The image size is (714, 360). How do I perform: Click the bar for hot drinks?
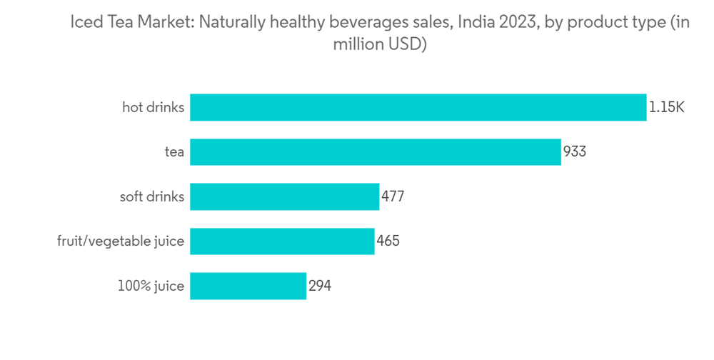(x=418, y=107)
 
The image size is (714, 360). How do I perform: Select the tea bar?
(x=375, y=152)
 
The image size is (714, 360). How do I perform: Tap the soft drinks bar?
(x=284, y=196)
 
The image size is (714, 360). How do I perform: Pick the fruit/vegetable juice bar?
(x=282, y=241)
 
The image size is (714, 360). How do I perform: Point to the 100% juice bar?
(x=248, y=286)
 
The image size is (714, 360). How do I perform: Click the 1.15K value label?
(x=667, y=108)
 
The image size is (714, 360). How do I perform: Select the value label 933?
(x=575, y=152)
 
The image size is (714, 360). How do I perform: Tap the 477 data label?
(x=393, y=196)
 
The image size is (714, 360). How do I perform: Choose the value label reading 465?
(x=388, y=241)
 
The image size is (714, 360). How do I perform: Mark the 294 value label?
(x=320, y=286)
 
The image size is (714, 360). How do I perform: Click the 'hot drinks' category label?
(x=153, y=108)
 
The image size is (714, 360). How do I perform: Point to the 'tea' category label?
(x=174, y=152)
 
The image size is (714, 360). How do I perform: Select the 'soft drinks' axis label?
(x=151, y=196)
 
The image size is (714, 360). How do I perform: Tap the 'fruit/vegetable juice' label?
(x=121, y=241)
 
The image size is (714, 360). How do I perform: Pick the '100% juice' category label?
(x=151, y=286)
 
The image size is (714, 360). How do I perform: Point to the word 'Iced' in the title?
(x=85, y=22)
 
